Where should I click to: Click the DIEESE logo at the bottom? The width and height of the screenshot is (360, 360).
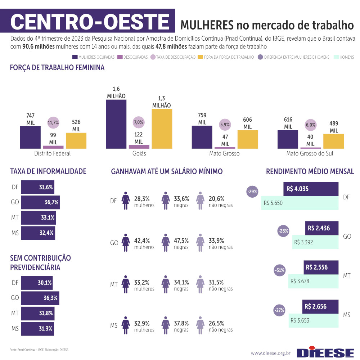click(x=325, y=352)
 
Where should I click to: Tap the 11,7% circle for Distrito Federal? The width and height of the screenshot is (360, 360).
click(x=53, y=122)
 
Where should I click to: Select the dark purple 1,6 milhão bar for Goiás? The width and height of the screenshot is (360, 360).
click(x=116, y=124)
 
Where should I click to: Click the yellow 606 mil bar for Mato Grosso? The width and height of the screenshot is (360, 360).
click(x=248, y=139)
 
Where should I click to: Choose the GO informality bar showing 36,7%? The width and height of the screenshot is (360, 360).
click(x=40, y=202)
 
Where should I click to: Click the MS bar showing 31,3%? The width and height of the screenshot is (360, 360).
click(x=37, y=328)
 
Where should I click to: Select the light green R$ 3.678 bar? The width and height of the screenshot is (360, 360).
click(x=313, y=281)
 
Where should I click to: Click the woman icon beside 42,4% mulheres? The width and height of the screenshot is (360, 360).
click(x=126, y=243)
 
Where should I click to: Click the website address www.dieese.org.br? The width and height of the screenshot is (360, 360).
click(x=270, y=353)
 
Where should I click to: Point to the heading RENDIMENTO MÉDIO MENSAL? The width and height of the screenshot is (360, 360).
click(x=310, y=171)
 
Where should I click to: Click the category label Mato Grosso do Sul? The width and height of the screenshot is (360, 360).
click(x=310, y=153)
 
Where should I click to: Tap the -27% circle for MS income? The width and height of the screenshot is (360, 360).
click(x=279, y=310)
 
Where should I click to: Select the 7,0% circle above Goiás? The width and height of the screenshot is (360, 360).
click(x=139, y=122)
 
